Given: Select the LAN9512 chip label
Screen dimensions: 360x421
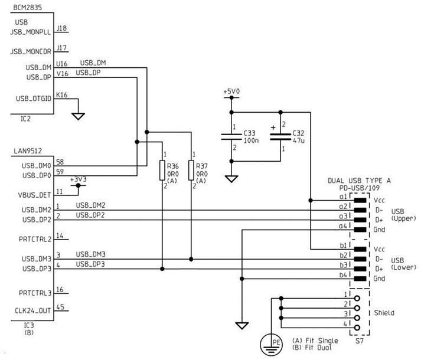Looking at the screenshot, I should [27, 152].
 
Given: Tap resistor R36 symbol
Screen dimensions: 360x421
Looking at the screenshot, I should [162, 171].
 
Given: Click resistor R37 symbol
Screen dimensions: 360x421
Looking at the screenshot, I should [191, 171].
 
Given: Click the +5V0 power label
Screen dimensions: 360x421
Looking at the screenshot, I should [231, 91].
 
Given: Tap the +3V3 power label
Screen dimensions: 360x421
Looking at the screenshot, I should [79, 179].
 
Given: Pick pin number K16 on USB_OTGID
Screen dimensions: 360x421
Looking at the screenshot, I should [61, 94].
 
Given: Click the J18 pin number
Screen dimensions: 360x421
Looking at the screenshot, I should [61, 27].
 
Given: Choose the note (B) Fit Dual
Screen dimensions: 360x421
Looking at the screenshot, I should [315, 348].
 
